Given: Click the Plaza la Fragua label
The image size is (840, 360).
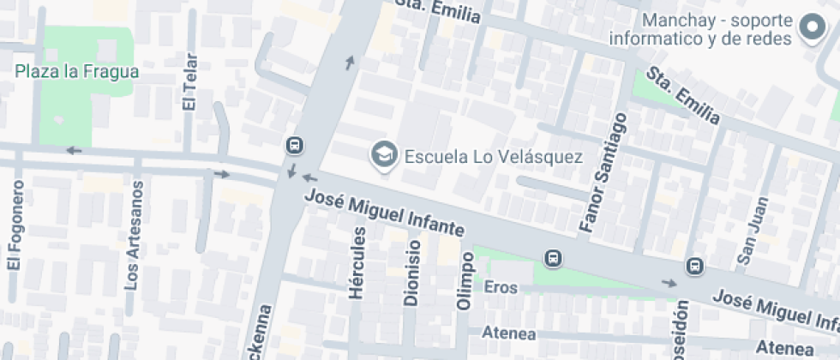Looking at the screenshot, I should click(x=76, y=72).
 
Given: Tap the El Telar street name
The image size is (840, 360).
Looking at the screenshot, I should click(x=189, y=83).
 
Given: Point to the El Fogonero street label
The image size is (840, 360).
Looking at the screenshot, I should click(x=14, y=228).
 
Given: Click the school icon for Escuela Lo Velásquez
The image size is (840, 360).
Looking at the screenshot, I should click(x=383, y=155).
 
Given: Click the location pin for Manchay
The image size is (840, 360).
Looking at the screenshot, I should click(x=811, y=28).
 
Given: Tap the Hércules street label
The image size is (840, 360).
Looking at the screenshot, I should click(x=358, y=263).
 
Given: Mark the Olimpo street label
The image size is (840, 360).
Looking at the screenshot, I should click(x=465, y=280).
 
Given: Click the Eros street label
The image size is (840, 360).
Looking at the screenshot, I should click(x=501, y=287).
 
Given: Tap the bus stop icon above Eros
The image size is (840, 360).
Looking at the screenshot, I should click(x=554, y=258).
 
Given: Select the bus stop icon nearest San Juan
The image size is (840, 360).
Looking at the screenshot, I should click(x=694, y=267).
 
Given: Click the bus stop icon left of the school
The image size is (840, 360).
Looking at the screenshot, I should click(x=294, y=145).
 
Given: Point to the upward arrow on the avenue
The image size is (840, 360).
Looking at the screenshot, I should click(x=349, y=62).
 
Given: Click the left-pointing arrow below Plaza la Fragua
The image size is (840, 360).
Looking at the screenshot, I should click(x=74, y=151).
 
